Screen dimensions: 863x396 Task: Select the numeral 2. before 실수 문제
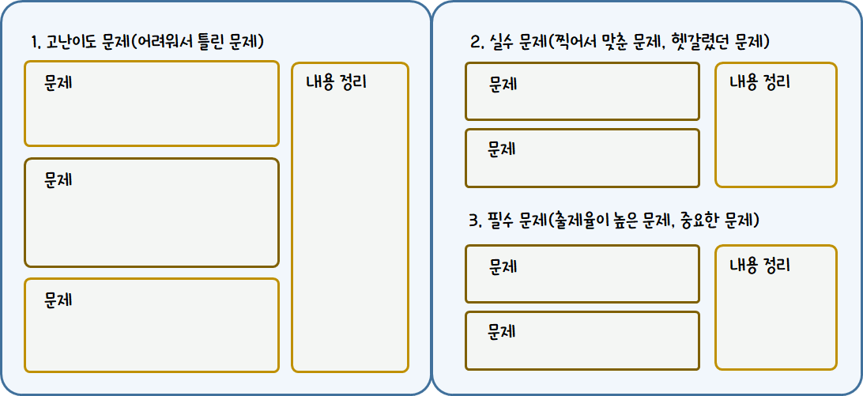[476, 42]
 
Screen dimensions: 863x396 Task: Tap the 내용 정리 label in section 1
[336, 82]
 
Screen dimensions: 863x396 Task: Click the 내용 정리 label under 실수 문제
[759, 82]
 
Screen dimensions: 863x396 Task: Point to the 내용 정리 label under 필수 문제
[759, 266]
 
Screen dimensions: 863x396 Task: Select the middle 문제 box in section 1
[152, 213]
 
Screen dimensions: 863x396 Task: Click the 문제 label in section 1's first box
[58, 82]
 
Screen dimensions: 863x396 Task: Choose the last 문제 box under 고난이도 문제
[152, 325]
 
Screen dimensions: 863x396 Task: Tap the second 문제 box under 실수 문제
[582, 158]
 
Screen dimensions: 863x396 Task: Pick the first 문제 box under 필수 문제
[582, 274]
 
